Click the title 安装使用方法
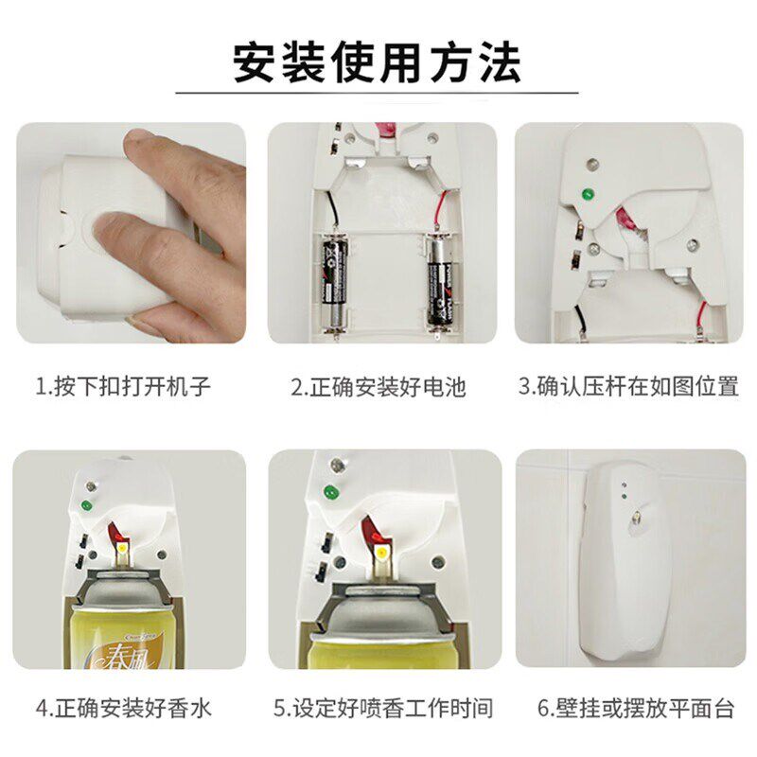click(x=377, y=62)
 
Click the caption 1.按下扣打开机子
click(x=123, y=386)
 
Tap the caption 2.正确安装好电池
click(x=378, y=387)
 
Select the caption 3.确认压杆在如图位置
click(x=628, y=386)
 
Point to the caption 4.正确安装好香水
click(x=124, y=708)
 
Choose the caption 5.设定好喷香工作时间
click(x=383, y=708)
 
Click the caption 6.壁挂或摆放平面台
click(x=636, y=708)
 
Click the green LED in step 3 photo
click(x=588, y=195)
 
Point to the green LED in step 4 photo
click(x=87, y=505)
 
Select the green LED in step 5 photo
click(x=331, y=492)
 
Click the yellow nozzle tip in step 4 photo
click(x=122, y=549)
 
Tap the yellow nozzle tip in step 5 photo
click(x=382, y=552)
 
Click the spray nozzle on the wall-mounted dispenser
click(x=637, y=519)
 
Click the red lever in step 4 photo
click(x=117, y=532)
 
